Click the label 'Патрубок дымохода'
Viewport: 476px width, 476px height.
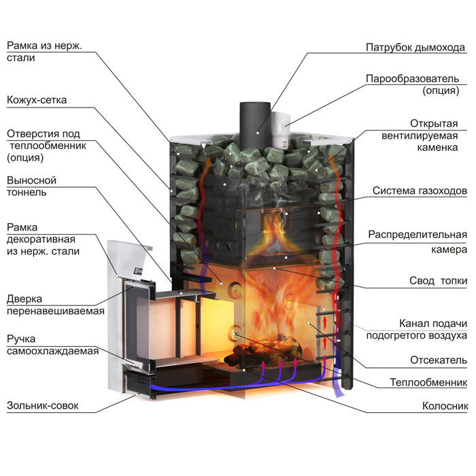click(415, 48)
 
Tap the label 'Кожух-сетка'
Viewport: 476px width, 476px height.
click(37, 100)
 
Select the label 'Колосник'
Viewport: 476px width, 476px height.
click(445, 406)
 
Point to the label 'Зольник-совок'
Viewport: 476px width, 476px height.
click(42, 405)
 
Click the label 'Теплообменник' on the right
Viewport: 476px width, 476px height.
click(428, 382)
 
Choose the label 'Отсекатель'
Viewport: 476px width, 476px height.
click(439, 360)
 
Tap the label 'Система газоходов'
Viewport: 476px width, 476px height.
click(420, 190)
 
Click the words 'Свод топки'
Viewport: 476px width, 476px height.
click(438, 281)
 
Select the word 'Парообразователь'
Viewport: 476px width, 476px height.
click(412, 79)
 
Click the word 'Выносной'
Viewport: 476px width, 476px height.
click(31, 180)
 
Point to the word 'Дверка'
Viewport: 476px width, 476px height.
click(24, 299)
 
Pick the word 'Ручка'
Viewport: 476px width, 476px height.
click(21, 339)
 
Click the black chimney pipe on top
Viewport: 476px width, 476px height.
click(255, 125)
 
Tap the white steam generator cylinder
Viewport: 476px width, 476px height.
click(281, 130)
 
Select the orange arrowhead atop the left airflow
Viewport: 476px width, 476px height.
click(208, 161)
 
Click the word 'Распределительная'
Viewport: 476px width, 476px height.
click(418, 235)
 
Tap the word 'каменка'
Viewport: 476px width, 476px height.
click(437, 148)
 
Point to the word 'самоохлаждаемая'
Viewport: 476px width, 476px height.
click(52, 351)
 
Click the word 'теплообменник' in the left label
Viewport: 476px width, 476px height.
click(48, 146)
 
